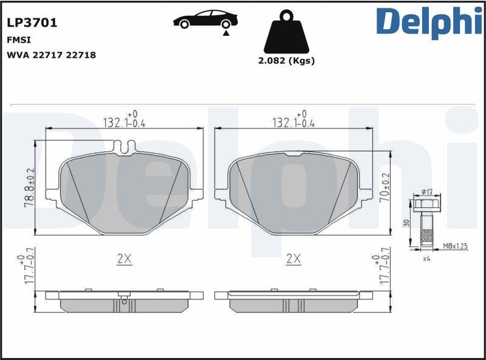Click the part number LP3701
pyautogui.click(x=32, y=23)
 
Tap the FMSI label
pyautogui.click(x=19, y=40)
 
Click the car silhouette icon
pyautogui.click(x=205, y=19)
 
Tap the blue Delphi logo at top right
pyautogui.click(x=429, y=22)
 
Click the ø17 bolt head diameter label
pyautogui.click(x=426, y=193)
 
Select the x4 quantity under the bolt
pyautogui.click(x=426, y=258)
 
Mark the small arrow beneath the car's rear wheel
pyautogui.click(x=226, y=35)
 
